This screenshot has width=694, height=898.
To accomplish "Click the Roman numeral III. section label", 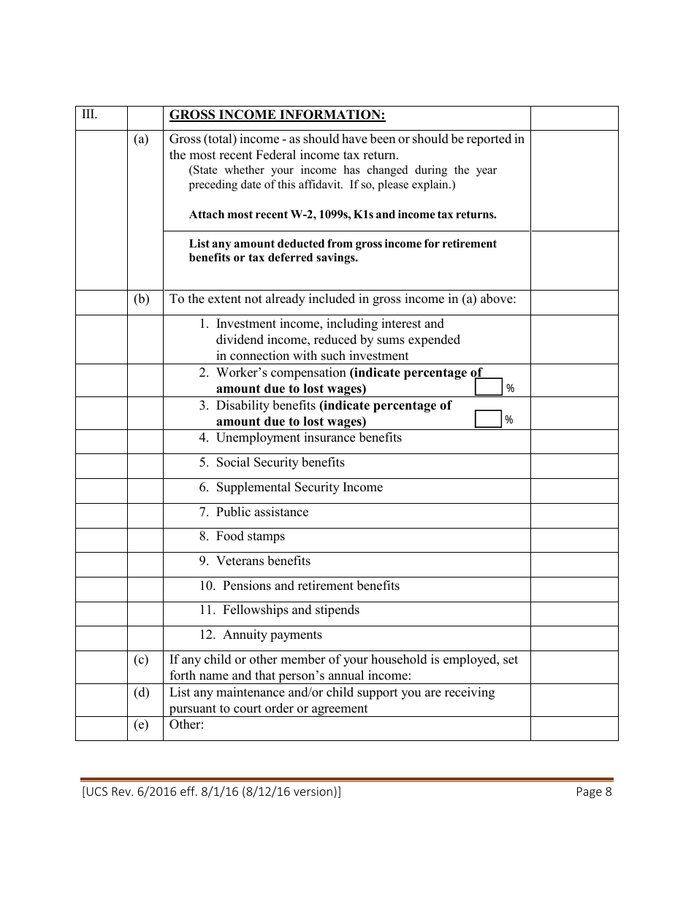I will [90, 115].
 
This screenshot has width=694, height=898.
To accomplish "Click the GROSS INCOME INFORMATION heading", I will [277, 115].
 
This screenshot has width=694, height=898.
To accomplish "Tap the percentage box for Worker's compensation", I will [488, 387].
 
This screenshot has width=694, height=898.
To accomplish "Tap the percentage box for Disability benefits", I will [488, 419].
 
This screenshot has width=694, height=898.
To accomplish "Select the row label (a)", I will [141, 139].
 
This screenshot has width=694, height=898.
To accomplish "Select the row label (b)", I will [141, 299].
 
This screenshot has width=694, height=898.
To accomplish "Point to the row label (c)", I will [141, 659].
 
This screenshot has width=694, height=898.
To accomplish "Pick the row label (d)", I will [141, 692].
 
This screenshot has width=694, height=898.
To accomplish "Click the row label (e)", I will [141, 725].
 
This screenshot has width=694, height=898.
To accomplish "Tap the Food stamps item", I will [242, 537].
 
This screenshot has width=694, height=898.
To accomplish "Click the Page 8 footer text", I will [593, 792].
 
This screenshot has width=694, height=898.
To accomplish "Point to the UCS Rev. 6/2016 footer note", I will [211, 792].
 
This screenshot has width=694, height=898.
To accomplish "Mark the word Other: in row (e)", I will [186, 725].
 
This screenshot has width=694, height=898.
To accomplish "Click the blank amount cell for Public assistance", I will [574, 515].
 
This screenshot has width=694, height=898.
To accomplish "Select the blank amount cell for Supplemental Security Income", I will [574, 491].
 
